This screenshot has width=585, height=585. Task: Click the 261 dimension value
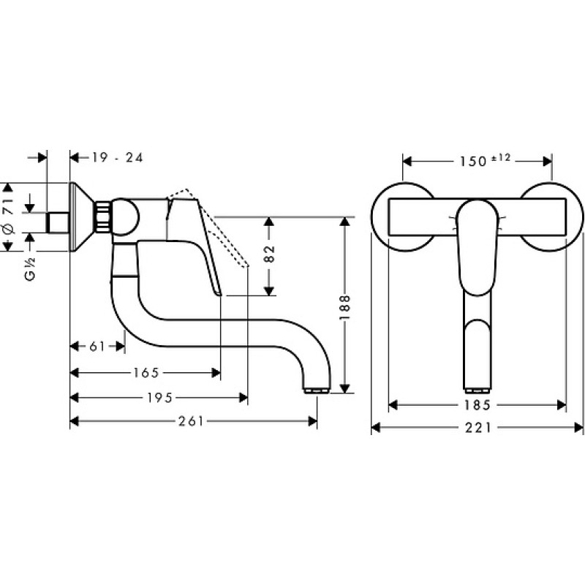point(191,422)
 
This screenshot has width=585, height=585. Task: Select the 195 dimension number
point(159,398)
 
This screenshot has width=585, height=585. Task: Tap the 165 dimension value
point(146,372)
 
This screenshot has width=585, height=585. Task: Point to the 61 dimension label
point(97,347)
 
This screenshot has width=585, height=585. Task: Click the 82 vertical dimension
point(269,254)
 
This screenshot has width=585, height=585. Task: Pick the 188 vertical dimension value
point(344,307)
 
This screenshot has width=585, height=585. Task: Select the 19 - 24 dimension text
point(118,157)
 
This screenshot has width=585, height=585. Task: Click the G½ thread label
point(30,269)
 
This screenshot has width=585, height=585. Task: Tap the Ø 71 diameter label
point(9,216)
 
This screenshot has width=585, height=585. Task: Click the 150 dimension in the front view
point(473,162)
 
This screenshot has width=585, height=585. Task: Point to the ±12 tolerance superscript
point(501,158)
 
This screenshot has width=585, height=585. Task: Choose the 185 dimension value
point(478,405)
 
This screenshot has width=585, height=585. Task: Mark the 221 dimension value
point(478,428)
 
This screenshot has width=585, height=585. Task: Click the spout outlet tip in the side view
point(317,390)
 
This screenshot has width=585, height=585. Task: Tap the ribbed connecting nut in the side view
point(103,217)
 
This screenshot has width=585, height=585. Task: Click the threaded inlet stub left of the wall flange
point(58,223)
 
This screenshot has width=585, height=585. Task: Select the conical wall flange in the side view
point(83,217)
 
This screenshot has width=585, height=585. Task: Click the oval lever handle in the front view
point(478,247)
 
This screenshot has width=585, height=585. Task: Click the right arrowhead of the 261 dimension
point(313,422)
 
